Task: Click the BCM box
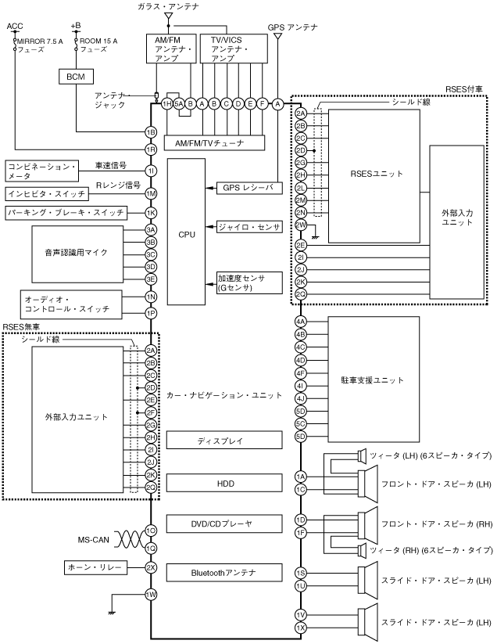click(76, 77)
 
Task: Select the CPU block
click(186, 233)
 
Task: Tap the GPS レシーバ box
click(248, 188)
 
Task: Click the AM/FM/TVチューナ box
click(213, 143)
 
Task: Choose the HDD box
click(225, 484)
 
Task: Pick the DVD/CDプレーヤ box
click(225, 523)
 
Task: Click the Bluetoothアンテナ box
click(225, 574)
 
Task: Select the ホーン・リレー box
click(93, 567)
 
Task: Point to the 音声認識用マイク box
click(76, 253)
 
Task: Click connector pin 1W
click(151, 595)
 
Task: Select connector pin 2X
click(151, 567)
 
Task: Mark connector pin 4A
click(301, 322)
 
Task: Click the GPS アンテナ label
click(292, 27)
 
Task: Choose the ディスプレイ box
click(225, 441)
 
